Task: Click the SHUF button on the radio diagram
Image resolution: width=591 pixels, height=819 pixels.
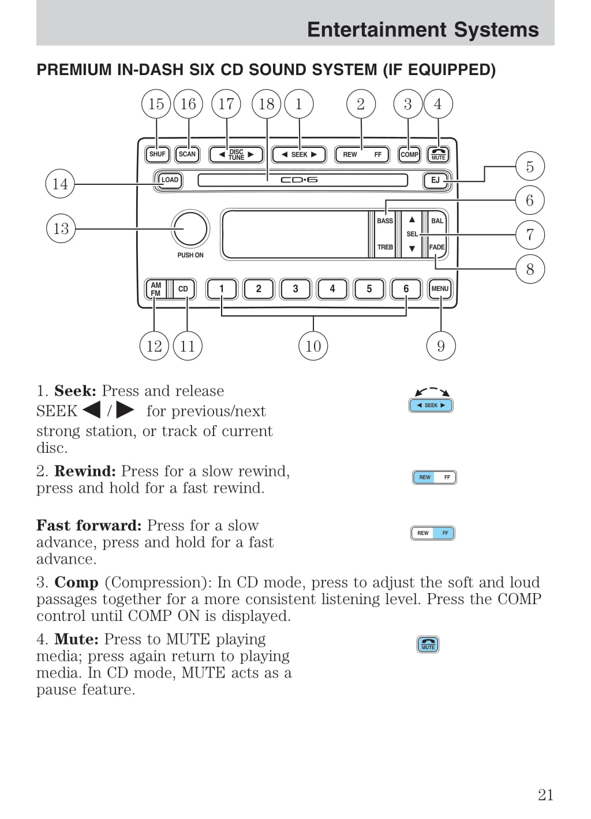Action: click(157, 154)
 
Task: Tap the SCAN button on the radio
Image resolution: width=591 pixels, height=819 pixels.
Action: click(187, 154)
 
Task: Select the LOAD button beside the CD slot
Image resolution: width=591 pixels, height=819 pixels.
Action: click(169, 180)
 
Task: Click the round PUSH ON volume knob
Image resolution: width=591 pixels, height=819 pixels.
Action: click(190, 229)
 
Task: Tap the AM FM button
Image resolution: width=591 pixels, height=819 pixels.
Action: click(156, 289)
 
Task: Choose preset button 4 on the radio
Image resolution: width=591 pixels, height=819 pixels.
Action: click(332, 289)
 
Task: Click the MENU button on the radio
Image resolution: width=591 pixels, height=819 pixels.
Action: click(440, 289)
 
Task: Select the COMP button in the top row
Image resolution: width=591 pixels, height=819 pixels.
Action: click(409, 155)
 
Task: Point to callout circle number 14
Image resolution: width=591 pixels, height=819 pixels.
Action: click(60, 184)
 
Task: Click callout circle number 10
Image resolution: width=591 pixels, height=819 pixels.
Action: click(313, 346)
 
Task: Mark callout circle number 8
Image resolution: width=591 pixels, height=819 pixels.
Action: click(530, 269)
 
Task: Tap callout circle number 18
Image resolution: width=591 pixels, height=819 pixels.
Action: click(266, 104)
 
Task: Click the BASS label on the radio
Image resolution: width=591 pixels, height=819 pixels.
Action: click(385, 221)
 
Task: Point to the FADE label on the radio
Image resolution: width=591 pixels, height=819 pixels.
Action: click(437, 247)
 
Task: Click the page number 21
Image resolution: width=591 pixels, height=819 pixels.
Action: click(545, 795)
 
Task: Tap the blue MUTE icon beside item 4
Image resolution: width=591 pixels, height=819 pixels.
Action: click(428, 644)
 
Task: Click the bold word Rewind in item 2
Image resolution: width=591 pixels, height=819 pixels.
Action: click(85, 471)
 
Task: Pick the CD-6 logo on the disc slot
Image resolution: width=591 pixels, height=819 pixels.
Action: click(299, 180)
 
